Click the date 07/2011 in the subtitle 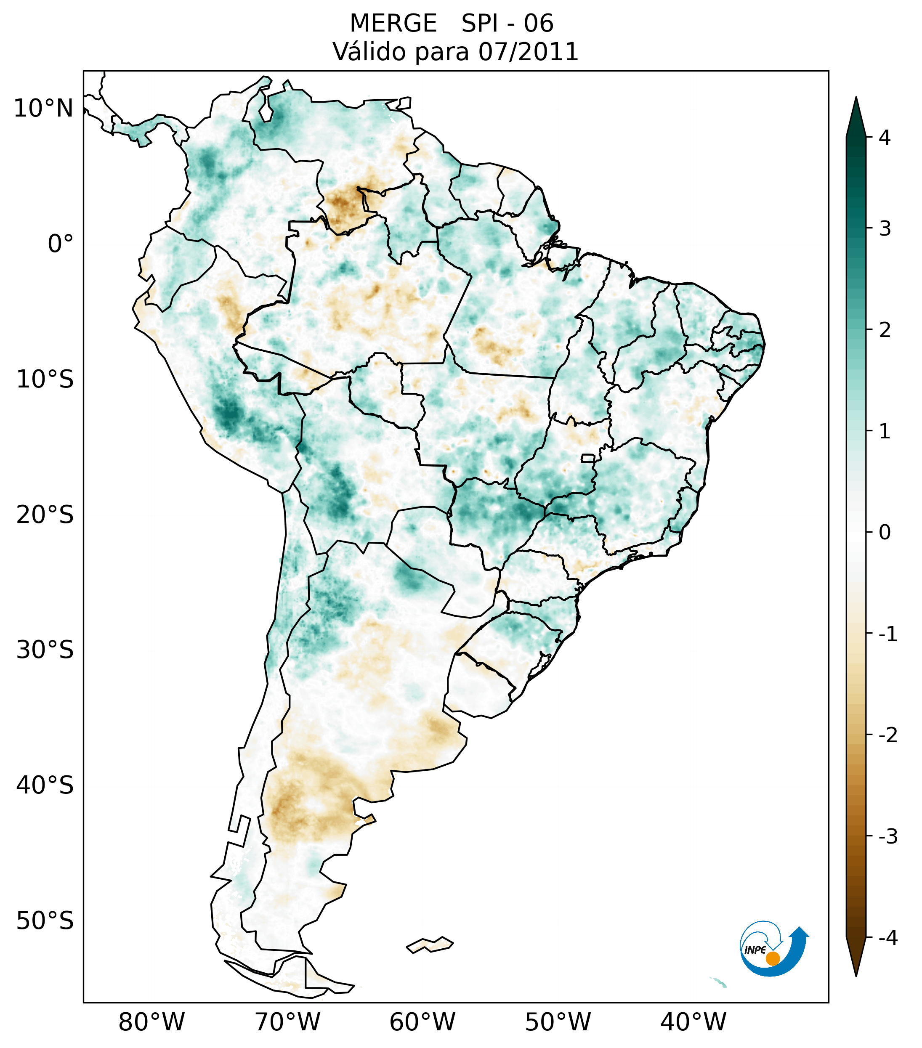(x=528, y=52)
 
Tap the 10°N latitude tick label (x=44, y=108)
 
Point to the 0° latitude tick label (x=61, y=244)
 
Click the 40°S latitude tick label (x=45, y=785)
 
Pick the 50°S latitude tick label (x=45, y=921)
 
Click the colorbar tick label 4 (x=885, y=138)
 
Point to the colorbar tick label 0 (x=885, y=532)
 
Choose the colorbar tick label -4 (x=887, y=938)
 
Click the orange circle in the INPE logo (x=773, y=958)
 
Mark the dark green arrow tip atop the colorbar (x=856, y=113)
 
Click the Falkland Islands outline (x=430, y=944)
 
